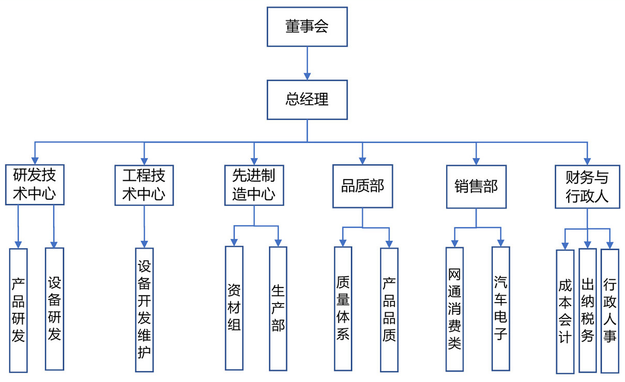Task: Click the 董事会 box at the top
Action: click(307, 26)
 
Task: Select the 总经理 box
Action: click(307, 100)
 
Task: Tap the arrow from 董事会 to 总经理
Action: click(307, 62)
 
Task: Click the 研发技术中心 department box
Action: click(35, 185)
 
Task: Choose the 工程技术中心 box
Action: click(144, 185)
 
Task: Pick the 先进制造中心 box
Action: click(254, 185)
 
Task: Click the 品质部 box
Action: click(362, 186)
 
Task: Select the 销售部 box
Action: click(476, 186)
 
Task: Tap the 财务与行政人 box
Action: click(587, 186)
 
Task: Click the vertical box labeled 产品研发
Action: click(18, 310)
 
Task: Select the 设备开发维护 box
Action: click(144, 309)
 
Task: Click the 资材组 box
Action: click(234, 308)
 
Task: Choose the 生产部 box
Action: click(278, 308)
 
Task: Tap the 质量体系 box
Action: click(343, 308)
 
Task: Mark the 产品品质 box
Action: click(389, 309)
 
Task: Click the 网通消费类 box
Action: click(454, 309)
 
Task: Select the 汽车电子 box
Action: click(500, 308)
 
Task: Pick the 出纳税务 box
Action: click(587, 310)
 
